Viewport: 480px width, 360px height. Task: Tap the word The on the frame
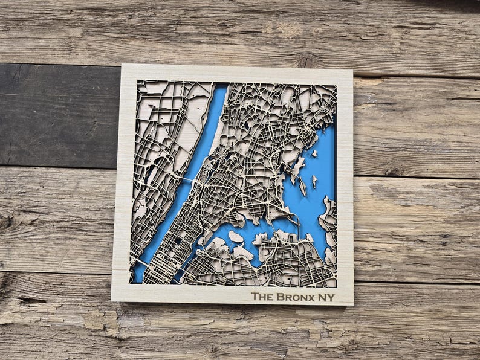pos(262,297)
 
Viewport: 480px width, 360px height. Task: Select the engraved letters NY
pos(327,297)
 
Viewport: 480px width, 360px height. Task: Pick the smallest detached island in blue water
pos(314,180)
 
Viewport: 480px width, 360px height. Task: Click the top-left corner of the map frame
pos(122,65)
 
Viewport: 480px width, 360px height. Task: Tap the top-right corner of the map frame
pos(352,70)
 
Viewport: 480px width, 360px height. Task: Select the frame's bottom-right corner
pos(352,305)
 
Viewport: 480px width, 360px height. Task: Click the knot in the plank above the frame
pos(307,60)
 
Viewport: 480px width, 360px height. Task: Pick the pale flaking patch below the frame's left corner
pos(97,320)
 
